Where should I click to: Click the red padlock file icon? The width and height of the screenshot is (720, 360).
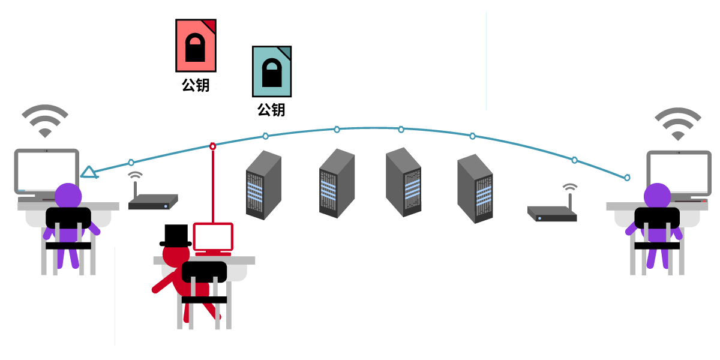click(x=196, y=46)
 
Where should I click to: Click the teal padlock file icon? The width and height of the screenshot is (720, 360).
click(x=272, y=71)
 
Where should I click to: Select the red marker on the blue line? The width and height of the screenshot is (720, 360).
click(x=212, y=146)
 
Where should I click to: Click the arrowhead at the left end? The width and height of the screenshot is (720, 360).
click(x=88, y=173)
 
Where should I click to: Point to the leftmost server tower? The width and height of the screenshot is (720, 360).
click(x=263, y=185)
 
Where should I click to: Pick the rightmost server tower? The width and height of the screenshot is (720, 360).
click(x=475, y=188)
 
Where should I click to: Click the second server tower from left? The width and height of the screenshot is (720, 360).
click(x=337, y=184)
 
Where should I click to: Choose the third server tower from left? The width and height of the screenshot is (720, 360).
click(x=403, y=182)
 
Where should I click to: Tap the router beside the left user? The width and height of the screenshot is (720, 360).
click(x=153, y=201)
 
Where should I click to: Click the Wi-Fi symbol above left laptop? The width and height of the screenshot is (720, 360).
click(x=45, y=121)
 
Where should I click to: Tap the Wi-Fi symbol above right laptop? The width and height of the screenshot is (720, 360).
click(x=677, y=124)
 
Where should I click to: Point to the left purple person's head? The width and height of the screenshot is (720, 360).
click(x=68, y=196)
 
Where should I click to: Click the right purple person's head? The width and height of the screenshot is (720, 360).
click(x=657, y=196)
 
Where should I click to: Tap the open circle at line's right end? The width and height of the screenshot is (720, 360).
click(x=627, y=178)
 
